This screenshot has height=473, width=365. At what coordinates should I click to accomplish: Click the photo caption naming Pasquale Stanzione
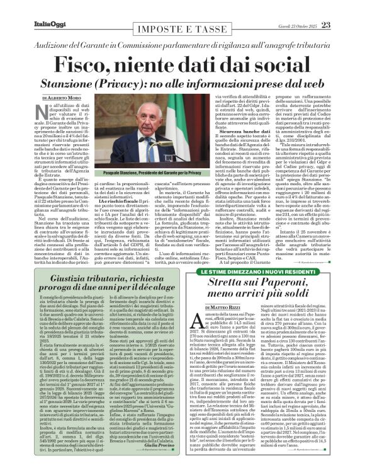click(x=166, y=173)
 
